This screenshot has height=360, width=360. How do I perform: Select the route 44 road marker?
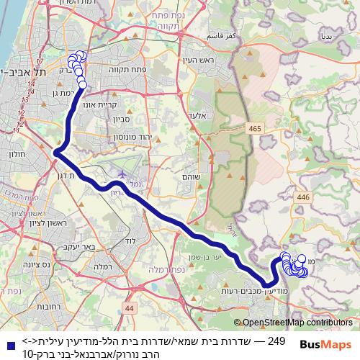click(x=129, y=308)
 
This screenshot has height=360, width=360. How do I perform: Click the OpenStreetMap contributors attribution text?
click(x=297, y=323)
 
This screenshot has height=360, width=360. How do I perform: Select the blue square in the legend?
click(x=6, y=344)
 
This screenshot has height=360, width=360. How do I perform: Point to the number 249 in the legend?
click(x=276, y=339)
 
